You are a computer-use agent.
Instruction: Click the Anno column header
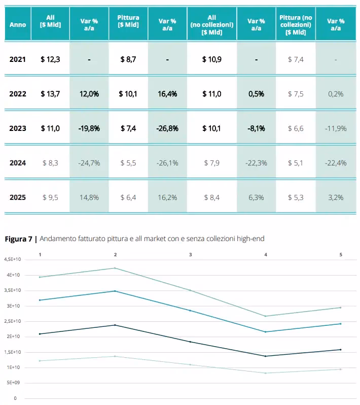tap(18, 24)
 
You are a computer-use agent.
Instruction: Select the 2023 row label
tap(18, 128)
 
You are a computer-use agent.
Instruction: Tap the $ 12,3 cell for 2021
tap(50, 59)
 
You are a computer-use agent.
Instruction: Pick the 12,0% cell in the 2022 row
tap(89, 94)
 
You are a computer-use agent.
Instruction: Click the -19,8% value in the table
tap(89, 128)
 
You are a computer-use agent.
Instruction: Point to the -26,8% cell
tap(167, 128)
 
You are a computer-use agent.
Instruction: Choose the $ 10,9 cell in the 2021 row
tap(212, 59)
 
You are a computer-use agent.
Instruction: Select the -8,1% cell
tap(256, 128)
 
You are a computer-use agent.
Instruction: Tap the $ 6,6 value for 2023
tap(296, 128)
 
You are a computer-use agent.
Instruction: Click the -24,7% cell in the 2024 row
tap(89, 163)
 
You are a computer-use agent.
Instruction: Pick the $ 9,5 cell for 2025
tap(50, 197)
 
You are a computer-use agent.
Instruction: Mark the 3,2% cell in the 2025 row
tap(336, 197)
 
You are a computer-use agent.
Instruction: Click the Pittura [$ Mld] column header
tap(128, 21)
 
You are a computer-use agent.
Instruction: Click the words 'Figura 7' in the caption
tap(19, 239)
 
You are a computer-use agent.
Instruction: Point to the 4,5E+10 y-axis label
tap(12, 259)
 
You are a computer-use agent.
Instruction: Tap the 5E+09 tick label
tap(13, 383)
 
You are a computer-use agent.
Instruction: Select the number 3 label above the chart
tap(191, 255)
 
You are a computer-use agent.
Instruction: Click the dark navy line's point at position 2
tap(115, 325)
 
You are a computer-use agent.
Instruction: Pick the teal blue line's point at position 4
tap(266, 332)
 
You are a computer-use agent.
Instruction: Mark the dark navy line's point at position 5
tap(341, 350)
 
